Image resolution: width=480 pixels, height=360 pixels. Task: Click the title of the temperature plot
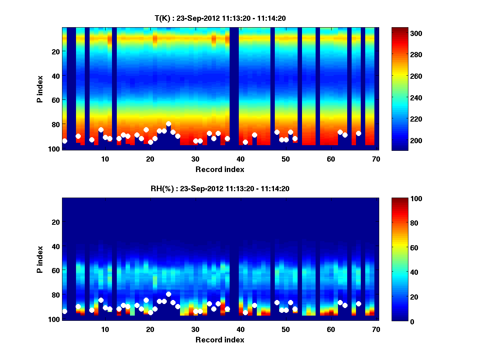pyautogui.click(x=220, y=18)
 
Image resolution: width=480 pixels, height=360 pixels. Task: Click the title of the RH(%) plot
pyautogui.click(x=220, y=188)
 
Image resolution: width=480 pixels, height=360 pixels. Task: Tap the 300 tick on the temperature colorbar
pyautogui.click(x=402, y=33)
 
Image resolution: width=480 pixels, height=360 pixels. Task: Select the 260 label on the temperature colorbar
pyautogui.click(x=402, y=76)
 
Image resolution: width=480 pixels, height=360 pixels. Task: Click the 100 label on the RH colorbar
pyautogui.click(x=402, y=199)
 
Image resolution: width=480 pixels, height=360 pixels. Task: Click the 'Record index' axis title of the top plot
pyautogui.click(x=220, y=169)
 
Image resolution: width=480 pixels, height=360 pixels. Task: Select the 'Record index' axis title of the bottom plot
pyautogui.click(x=220, y=340)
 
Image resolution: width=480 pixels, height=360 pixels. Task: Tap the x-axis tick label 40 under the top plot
pyautogui.click(x=240, y=159)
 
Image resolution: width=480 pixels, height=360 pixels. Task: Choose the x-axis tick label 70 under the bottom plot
pyautogui.click(x=376, y=329)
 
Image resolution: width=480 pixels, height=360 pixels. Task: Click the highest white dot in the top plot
pyautogui.click(x=168, y=124)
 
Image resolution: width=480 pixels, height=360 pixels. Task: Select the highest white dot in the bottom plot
pyautogui.click(x=168, y=294)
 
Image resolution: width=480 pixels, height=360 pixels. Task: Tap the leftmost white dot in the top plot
pyautogui.click(x=65, y=141)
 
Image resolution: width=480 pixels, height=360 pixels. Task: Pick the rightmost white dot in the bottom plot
pyautogui.click(x=358, y=304)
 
